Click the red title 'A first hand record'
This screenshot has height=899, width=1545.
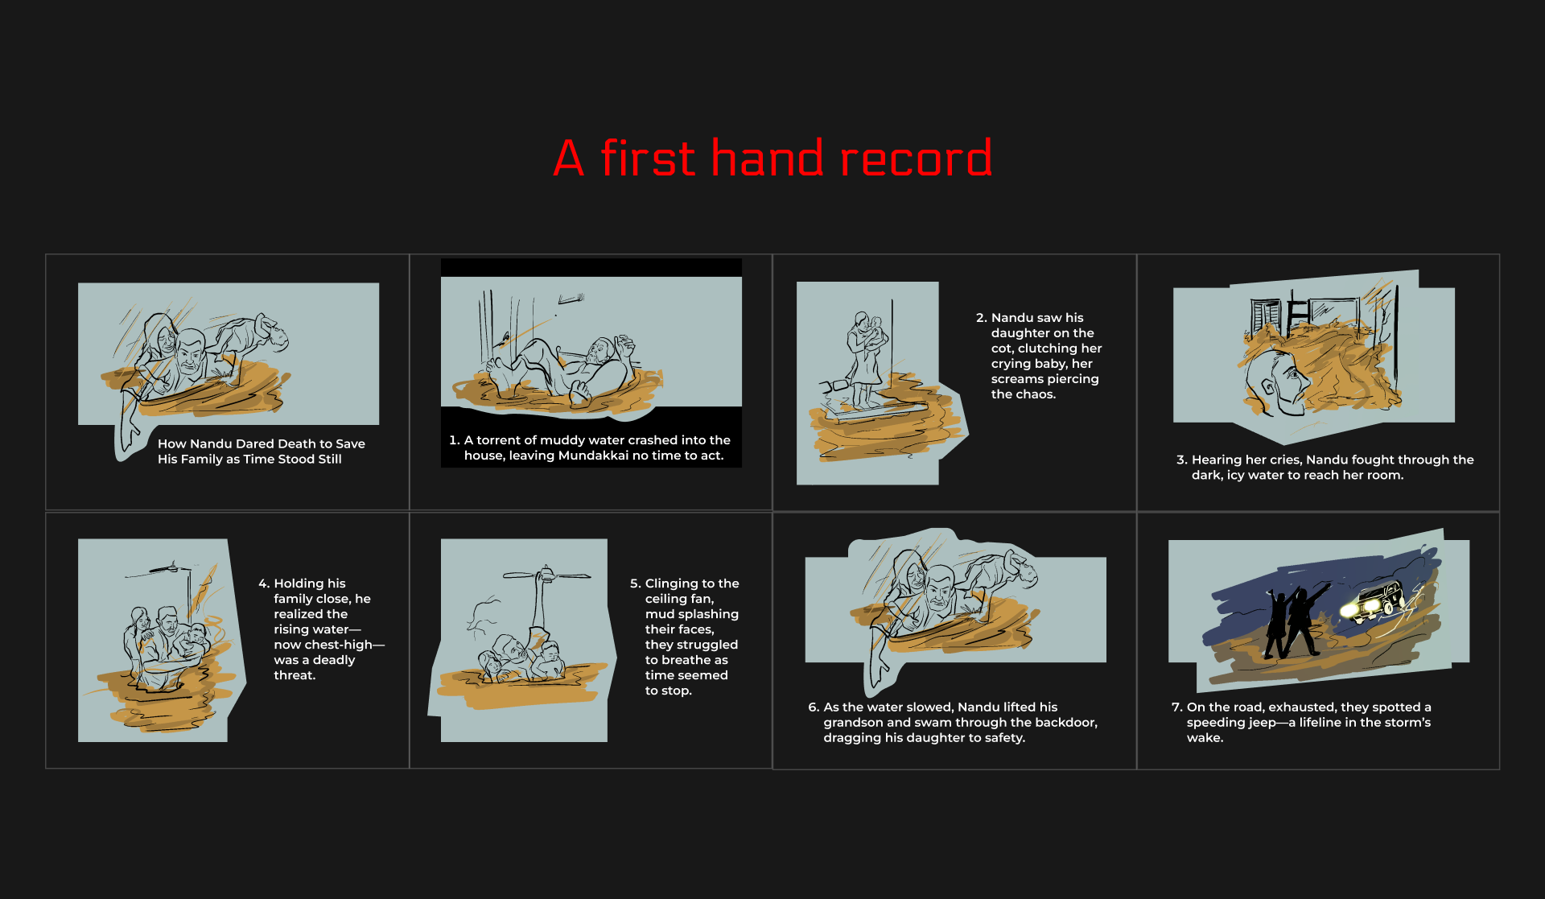point(772,158)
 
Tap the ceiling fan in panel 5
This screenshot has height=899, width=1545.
point(546,575)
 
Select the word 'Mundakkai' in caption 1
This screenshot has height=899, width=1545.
point(593,456)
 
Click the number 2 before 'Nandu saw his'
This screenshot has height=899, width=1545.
point(981,318)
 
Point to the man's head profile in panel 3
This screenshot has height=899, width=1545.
point(1275,381)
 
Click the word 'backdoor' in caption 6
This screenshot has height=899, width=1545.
point(1063,723)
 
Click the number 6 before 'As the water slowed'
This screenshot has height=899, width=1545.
point(814,707)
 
